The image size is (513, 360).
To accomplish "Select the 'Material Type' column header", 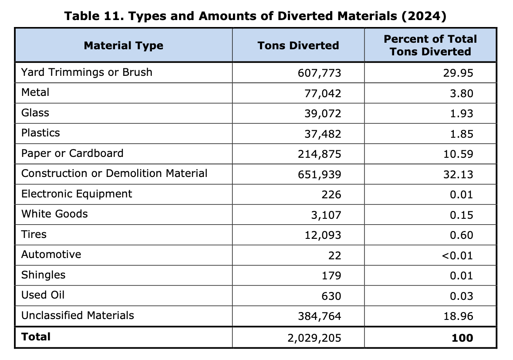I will tap(124, 46).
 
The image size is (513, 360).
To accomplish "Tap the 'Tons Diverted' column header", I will tap(298, 46).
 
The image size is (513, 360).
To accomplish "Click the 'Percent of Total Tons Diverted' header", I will tap(430, 45).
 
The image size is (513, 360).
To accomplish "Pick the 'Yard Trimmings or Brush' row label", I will tap(87, 72).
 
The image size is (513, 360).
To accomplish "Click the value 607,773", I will tap(319, 73).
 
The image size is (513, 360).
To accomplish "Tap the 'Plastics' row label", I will tap(40, 133).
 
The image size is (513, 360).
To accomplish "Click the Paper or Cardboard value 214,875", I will tap(319, 154).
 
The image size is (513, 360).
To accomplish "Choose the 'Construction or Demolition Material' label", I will tap(114, 173).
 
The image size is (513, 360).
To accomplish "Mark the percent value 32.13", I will tap(458, 175).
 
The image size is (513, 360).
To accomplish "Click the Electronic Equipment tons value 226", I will tap(331, 195).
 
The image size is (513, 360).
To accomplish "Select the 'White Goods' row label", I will tap(54, 214).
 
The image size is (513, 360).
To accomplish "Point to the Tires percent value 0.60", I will tap(461, 235).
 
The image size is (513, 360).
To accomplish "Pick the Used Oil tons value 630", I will tap(331, 296).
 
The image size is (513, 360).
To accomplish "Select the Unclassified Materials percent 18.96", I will tap(458, 316).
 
